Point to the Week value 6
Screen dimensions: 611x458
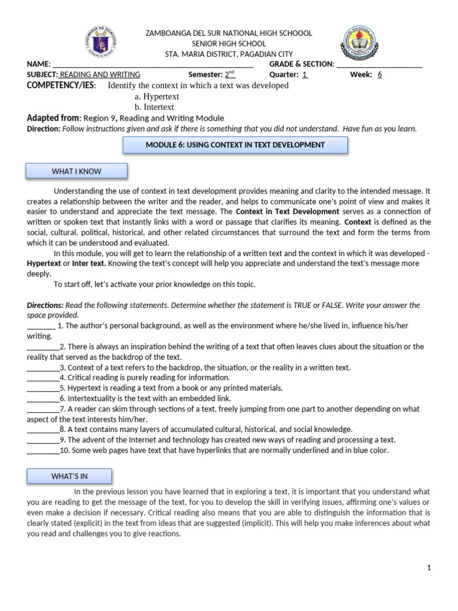379,75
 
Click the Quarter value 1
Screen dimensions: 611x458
305,75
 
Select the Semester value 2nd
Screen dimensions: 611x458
230,75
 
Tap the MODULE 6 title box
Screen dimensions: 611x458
235,145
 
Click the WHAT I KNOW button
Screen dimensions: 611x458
76,171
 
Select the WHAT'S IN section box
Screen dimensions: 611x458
69,476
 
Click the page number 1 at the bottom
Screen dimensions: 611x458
428,568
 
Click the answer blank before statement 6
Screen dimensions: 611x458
43,399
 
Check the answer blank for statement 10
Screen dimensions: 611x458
43,451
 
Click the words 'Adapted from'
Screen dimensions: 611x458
53,118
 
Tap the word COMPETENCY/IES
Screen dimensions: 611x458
61,85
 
